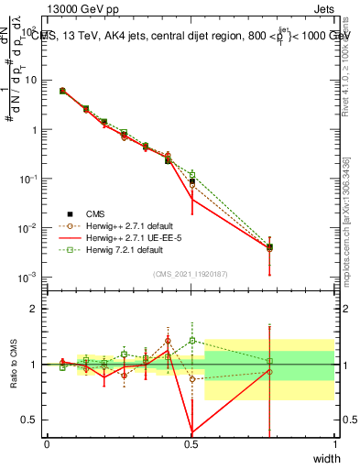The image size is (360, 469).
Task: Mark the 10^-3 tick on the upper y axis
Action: pyautogui.click(x=27, y=277)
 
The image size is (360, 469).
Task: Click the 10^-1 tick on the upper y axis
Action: pyautogui.click(x=27, y=179)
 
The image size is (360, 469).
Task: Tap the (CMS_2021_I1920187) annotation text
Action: pyautogui.click(x=191, y=272)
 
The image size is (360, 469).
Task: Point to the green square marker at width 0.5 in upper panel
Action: pyautogui.click(x=191, y=174)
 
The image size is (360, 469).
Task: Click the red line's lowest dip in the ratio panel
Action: pyautogui.click(x=191, y=431)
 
